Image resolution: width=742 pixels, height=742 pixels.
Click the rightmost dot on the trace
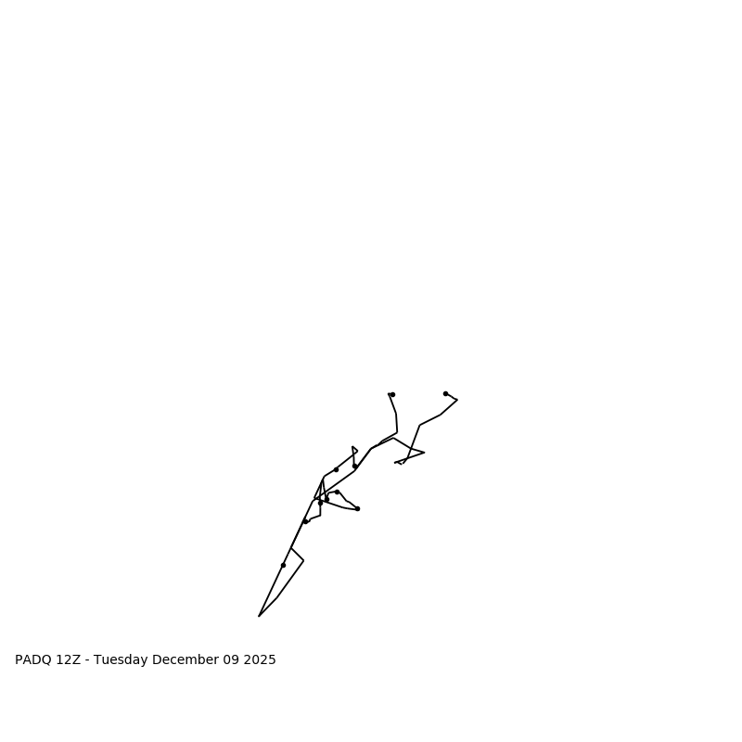pyautogui.click(x=445, y=393)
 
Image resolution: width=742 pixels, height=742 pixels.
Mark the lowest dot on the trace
pyautogui.click(x=283, y=565)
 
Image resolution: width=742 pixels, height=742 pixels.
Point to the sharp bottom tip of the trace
pyautogui.click(x=259, y=616)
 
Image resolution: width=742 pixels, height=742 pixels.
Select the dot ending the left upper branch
pyautogui.click(x=392, y=394)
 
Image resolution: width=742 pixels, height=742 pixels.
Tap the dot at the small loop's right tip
pyautogui.click(x=357, y=508)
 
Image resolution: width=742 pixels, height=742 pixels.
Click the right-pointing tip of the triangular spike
pyautogui.click(x=425, y=453)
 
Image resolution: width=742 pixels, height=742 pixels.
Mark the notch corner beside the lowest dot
pyautogui.click(x=303, y=560)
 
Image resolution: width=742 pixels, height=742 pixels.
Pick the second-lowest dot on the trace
pyautogui.click(x=305, y=521)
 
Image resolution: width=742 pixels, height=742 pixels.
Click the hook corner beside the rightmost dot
pyautogui.click(x=457, y=400)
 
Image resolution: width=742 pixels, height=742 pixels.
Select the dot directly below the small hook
pyautogui.click(x=354, y=466)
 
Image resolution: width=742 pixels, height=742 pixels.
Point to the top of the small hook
pyautogui.click(x=352, y=447)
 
